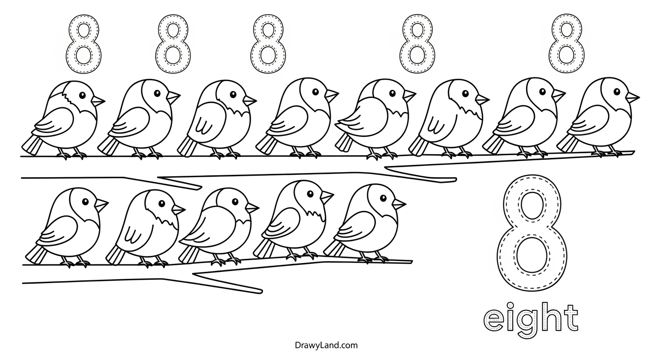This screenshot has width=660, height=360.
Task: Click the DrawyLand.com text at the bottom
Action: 326,345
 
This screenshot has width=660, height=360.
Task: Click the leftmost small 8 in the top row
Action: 83,44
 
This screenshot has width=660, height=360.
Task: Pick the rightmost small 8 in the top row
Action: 567,43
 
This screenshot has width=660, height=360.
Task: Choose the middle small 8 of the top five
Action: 268,44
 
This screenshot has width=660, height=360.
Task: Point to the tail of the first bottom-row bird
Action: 36,254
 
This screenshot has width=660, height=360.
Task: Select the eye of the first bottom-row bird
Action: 85,202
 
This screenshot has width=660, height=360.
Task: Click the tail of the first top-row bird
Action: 32,145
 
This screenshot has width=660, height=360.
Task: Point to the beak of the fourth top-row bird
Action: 332,95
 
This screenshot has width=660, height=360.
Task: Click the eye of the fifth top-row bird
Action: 392,93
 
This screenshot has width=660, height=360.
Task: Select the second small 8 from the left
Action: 172,44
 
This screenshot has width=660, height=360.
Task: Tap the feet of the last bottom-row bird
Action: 374,259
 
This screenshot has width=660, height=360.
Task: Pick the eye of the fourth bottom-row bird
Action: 310,194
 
